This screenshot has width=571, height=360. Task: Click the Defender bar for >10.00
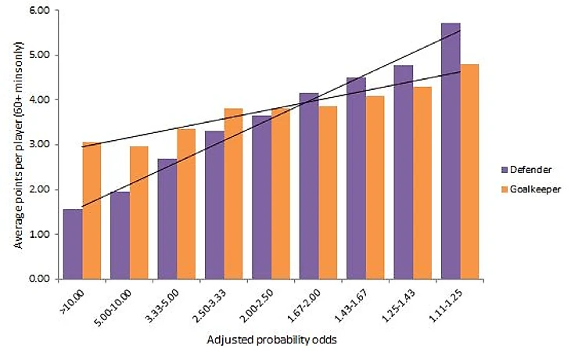pos(72,243)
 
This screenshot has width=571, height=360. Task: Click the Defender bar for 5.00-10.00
pos(120,235)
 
